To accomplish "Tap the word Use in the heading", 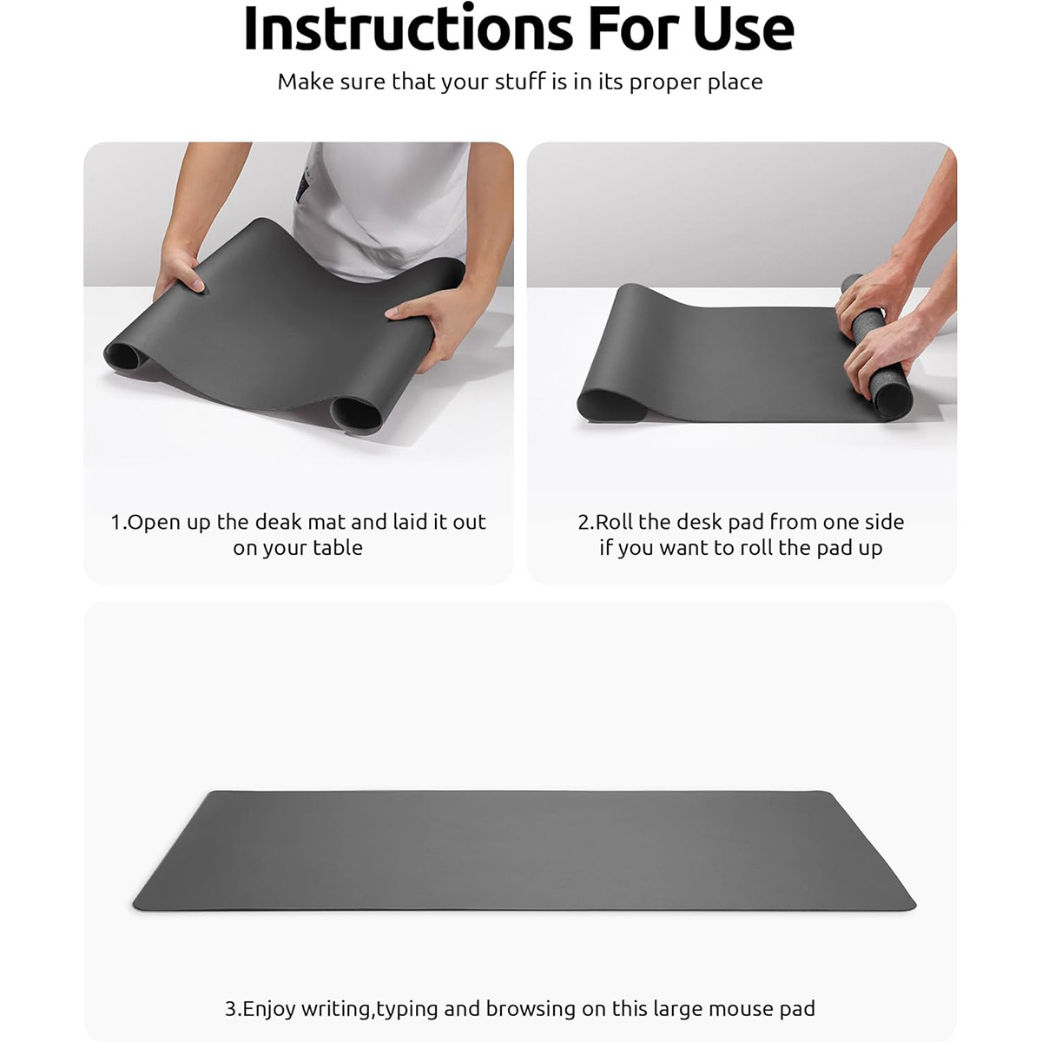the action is [743, 28].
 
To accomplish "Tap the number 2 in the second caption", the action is [584, 523].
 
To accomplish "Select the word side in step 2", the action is [884, 522].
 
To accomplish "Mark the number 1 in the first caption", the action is [116, 523].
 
